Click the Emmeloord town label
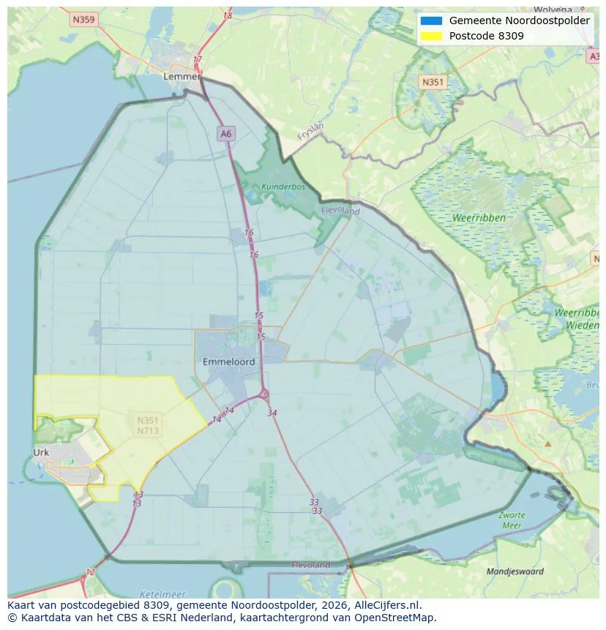pyautogui.click(x=228, y=361)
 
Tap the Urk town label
pyautogui.click(x=41, y=452)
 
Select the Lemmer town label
pyautogui.click(x=182, y=76)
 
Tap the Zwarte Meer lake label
pyautogui.click(x=512, y=520)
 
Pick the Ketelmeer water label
pyautogui.click(x=162, y=594)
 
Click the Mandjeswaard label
pyautogui.click(x=515, y=571)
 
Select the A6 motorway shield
pyautogui.click(x=226, y=133)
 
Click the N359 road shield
pyautogui.click(x=84, y=20)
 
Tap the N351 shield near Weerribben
pyautogui.click(x=432, y=82)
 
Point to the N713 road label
pyautogui.click(x=148, y=430)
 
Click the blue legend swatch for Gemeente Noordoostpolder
pyautogui.click(x=431, y=20)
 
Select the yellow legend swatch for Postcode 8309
pyautogui.click(x=431, y=36)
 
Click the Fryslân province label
pyautogui.click(x=310, y=131)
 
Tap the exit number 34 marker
pyautogui.click(x=272, y=413)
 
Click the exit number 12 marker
pyautogui.click(x=90, y=571)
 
